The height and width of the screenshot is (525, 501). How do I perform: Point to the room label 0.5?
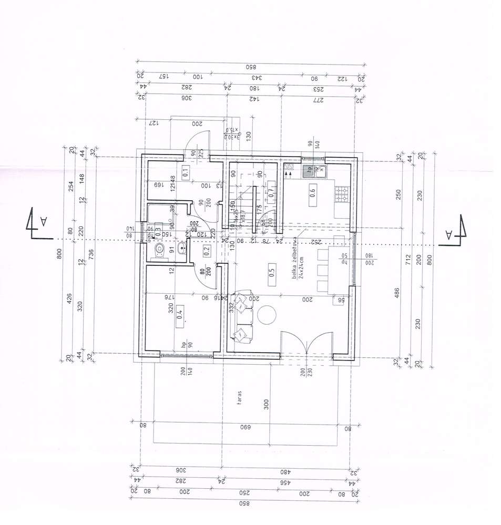click(272, 273)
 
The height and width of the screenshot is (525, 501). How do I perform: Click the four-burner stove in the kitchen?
click(342, 195)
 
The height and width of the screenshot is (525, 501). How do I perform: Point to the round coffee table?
click(267, 316)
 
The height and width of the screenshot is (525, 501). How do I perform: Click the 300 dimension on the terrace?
click(267, 404)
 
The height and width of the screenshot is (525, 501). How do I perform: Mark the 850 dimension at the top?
click(251, 67)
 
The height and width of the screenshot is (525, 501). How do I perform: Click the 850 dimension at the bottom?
click(243, 503)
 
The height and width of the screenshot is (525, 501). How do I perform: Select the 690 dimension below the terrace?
click(245, 428)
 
